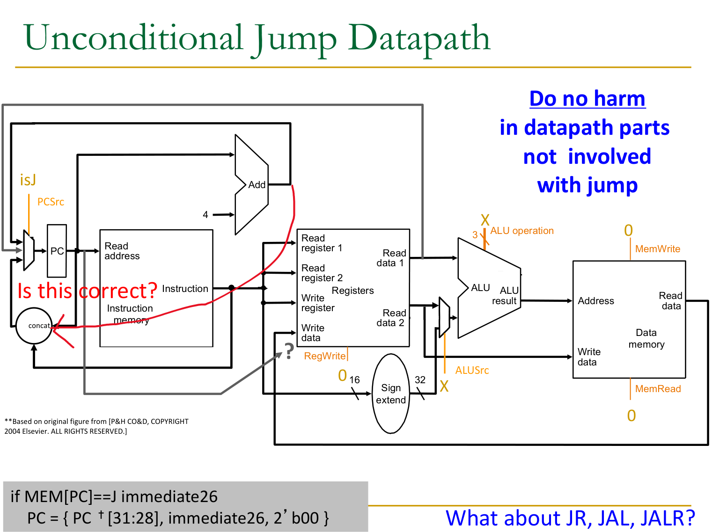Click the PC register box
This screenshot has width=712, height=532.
pyautogui.click(x=57, y=251)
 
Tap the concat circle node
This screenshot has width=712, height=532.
pyautogui.click(x=34, y=326)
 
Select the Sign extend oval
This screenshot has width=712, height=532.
pyautogui.click(x=390, y=394)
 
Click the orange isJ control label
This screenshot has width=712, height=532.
pyautogui.click(x=28, y=180)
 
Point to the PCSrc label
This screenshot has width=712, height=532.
pyautogui.click(x=51, y=202)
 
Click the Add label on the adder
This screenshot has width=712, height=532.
pyautogui.click(x=257, y=185)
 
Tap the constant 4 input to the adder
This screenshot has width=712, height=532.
pyautogui.click(x=206, y=215)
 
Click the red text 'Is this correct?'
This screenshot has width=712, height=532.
pyautogui.click(x=87, y=291)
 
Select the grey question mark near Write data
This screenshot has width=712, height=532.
pyautogui.click(x=289, y=351)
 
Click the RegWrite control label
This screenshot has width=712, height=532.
pyautogui.click(x=325, y=356)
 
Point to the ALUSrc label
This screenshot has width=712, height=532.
pyautogui.click(x=472, y=370)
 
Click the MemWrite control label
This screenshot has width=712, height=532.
pyautogui.click(x=657, y=249)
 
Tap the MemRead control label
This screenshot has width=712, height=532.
pyautogui.click(x=658, y=389)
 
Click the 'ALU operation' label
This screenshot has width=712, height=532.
pyautogui.click(x=521, y=231)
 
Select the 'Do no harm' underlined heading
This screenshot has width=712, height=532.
pyautogui.click(x=587, y=99)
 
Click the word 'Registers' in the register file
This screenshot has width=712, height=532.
pyautogui.click(x=352, y=291)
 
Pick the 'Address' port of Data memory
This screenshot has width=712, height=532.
pyautogui.click(x=595, y=301)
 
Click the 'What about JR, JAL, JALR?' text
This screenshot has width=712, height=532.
pyautogui.click(x=570, y=518)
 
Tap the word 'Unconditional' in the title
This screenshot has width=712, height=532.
pyautogui.click(x=133, y=38)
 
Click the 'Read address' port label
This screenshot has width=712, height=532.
pyautogui.click(x=122, y=251)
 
